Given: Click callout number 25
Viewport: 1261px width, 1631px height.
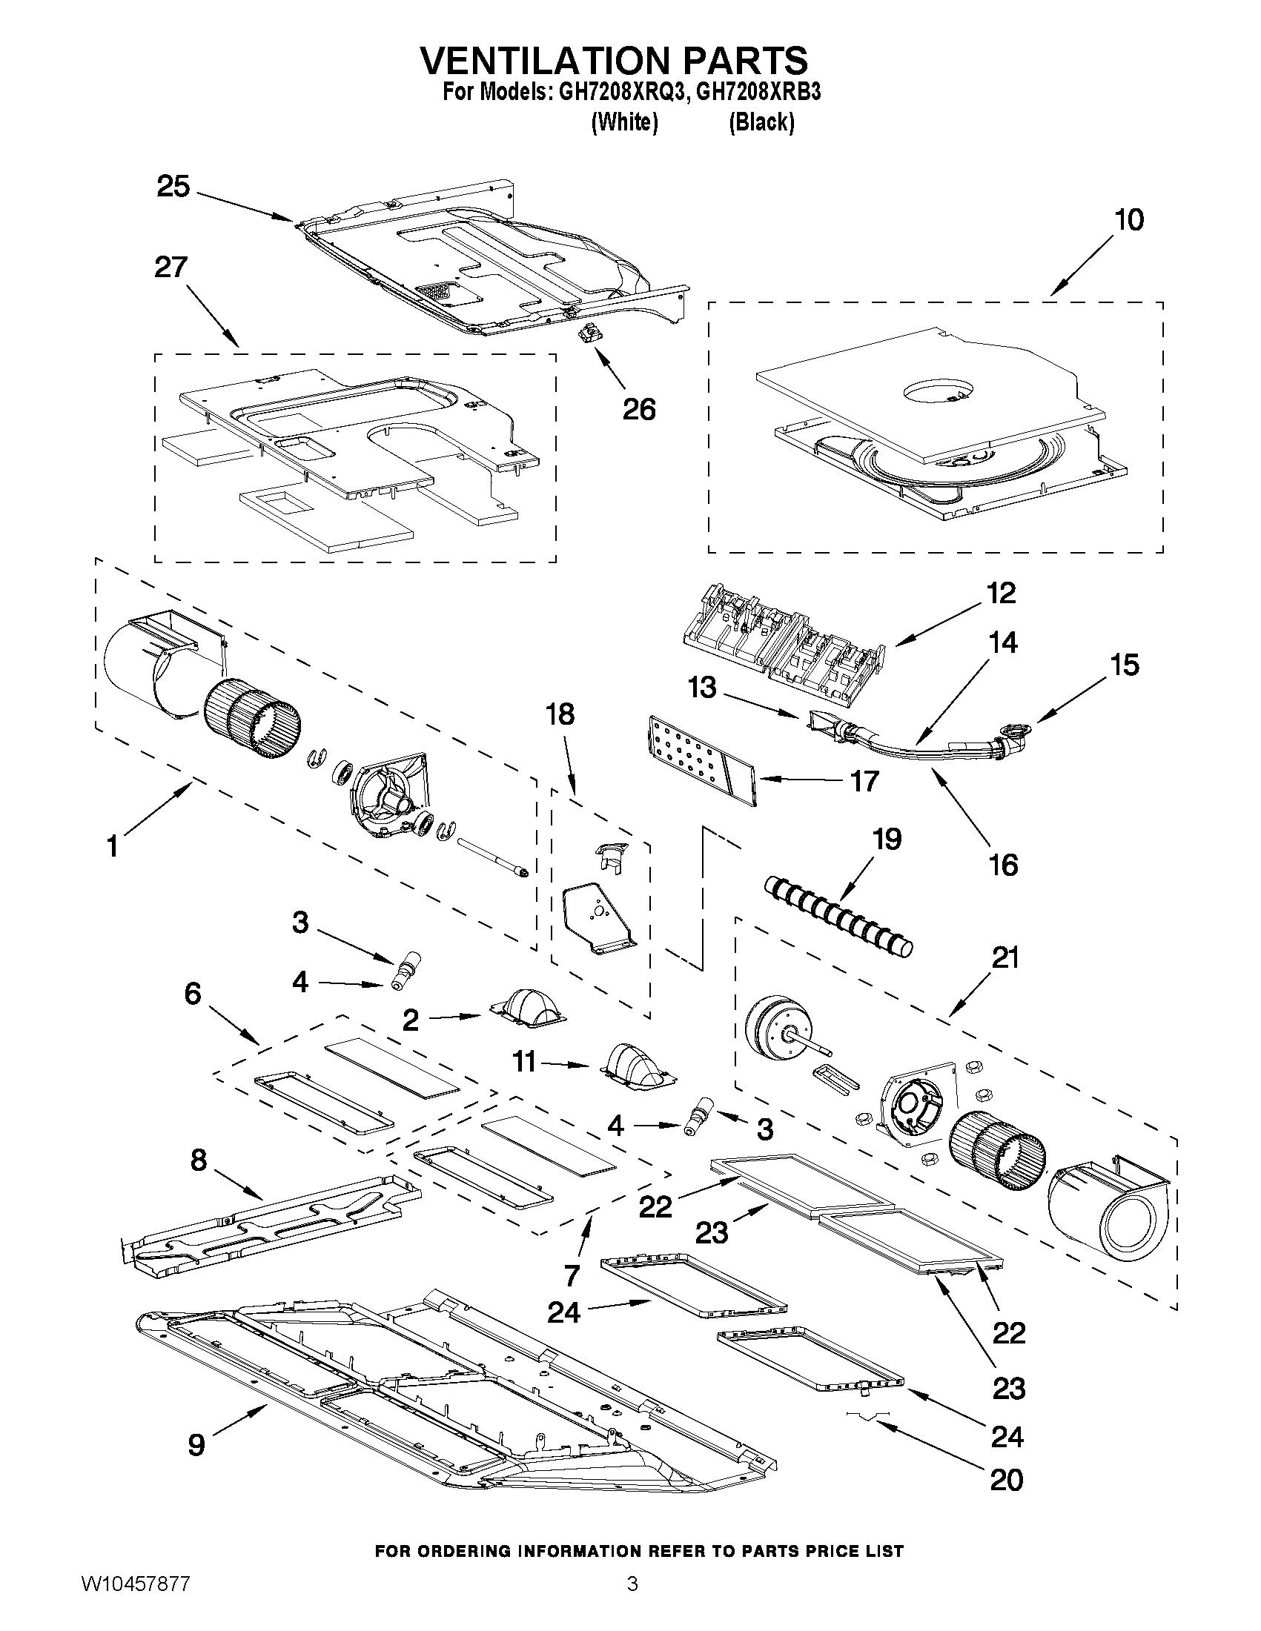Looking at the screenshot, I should (x=173, y=187).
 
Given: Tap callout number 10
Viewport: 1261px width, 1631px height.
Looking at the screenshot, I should (x=1129, y=220).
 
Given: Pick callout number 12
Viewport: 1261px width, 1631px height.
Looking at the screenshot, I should (x=1000, y=594).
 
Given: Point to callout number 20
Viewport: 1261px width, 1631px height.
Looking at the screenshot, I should (x=1005, y=1479).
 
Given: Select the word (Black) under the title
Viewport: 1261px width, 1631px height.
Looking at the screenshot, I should (x=761, y=122).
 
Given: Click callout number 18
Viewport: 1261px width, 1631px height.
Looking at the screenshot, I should (x=560, y=714).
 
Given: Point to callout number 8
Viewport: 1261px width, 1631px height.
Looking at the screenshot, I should (x=198, y=1160).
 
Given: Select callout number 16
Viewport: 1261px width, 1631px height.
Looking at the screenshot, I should (x=1003, y=865).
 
